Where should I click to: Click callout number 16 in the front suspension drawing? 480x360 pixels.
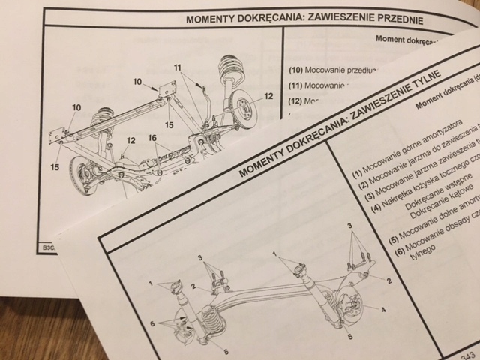point(152,139)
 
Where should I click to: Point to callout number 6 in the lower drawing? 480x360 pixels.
point(151,323)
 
